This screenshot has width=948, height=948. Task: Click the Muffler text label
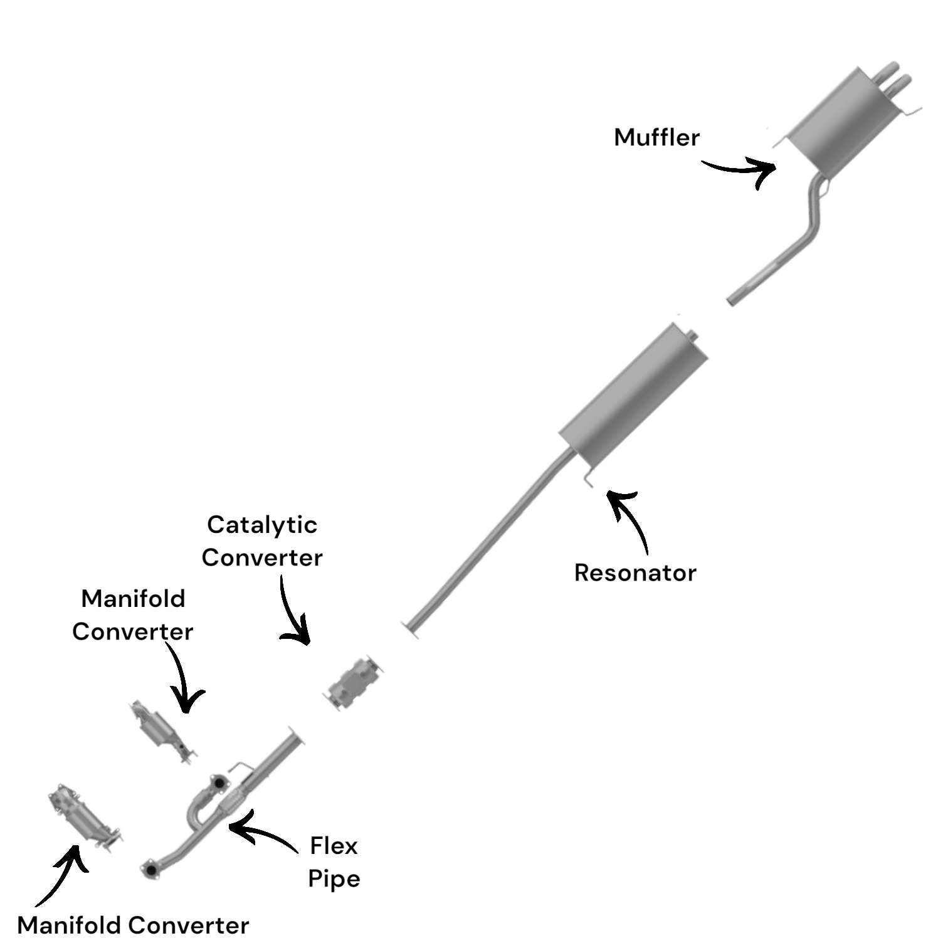[656, 137]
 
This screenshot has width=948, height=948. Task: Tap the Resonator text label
[635, 573]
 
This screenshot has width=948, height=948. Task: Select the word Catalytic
[262, 525]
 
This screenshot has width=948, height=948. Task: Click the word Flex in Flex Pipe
[334, 846]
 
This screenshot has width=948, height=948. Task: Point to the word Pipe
[334, 879]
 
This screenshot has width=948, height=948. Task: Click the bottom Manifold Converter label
[133, 925]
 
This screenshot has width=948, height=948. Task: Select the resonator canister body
[633, 395]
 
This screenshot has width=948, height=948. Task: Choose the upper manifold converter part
[162, 730]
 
